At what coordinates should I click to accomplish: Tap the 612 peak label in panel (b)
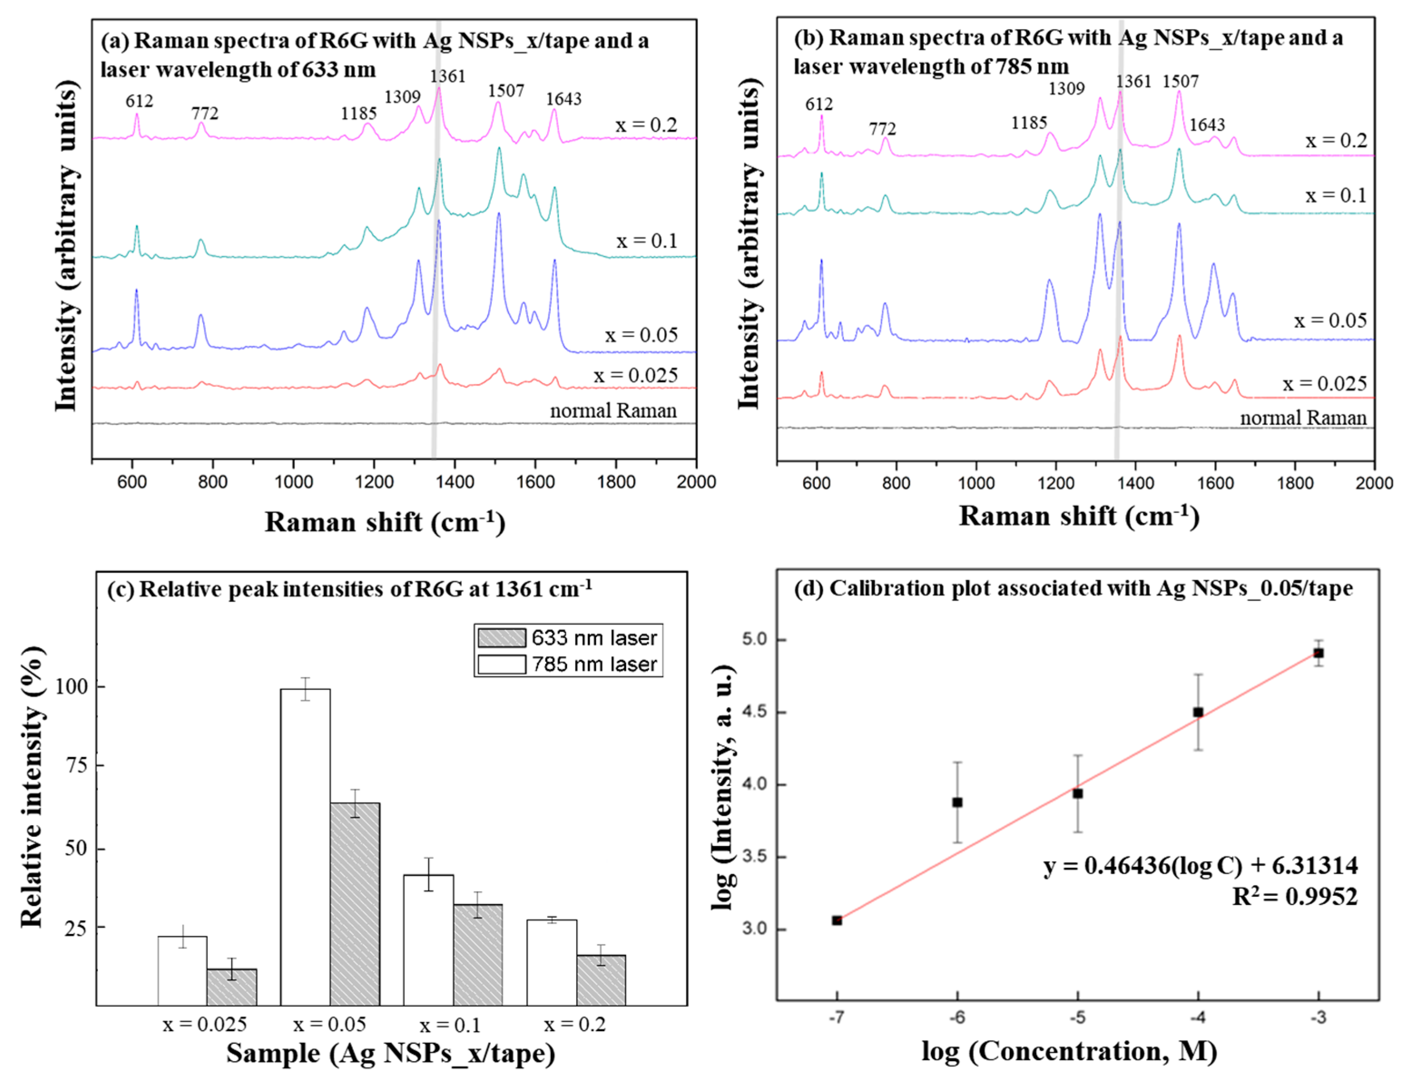pyautogui.click(x=819, y=104)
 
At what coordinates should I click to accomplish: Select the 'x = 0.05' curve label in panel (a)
pyautogui.click(x=641, y=335)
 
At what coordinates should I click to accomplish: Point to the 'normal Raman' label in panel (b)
pyautogui.click(x=1303, y=418)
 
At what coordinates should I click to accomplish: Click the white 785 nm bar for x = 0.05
pyautogui.click(x=305, y=846)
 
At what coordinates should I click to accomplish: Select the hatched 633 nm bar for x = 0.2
pyautogui.click(x=601, y=980)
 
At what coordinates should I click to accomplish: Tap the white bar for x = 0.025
pyautogui.click(x=182, y=970)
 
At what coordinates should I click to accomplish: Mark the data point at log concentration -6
pyautogui.click(x=957, y=802)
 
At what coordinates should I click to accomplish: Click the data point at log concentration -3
pyautogui.click(x=1318, y=653)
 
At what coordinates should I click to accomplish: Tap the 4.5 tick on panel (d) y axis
pyautogui.click(x=755, y=713)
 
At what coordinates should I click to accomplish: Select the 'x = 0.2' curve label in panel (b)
pyautogui.click(x=1336, y=141)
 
